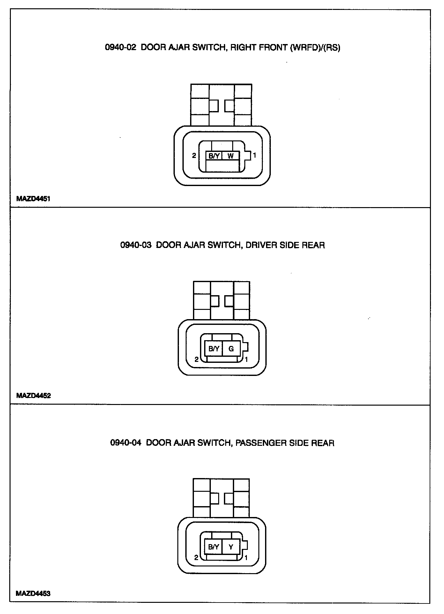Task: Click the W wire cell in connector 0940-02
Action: pyautogui.click(x=231, y=156)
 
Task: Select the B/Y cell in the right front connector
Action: pyautogui.click(x=214, y=156)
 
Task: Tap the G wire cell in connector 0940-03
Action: pyautogui.click(x=231, y=349)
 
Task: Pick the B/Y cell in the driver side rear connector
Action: pyautogui.click(x=214, y=349)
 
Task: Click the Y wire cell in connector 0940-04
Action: pyautogui.click(x=231, y=547)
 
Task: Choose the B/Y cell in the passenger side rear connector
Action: pyautogui.click(x=213, y=547)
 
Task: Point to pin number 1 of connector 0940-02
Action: pyautogui.click(x=255, y=156)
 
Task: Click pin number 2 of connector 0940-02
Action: pyautogui.click(x=194, y=156)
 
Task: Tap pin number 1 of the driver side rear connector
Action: pyautogui.click(x=246, y=359)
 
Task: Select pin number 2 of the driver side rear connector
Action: pyautogui.click(x=196, y=360)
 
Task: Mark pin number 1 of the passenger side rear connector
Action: pyautogui.click(x=246, y=558)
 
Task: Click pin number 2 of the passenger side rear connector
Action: pyautogui.click(x=196, y=558)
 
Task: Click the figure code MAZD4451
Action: pyautogui.click(x=33, y=199)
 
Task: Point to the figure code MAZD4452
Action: pyautogui.click(x=33, y=396)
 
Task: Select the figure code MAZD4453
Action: pyautogui.click(x=33, y=594)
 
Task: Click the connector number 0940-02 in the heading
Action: pyautogui.click(x=121, y=48)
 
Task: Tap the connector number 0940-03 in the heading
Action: pyautogui.click(x=136, y=245)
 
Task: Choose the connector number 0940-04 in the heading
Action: pyautogui.click(x=126, y=443)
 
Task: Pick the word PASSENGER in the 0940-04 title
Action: pyautogui.click(x=261, y=443)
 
